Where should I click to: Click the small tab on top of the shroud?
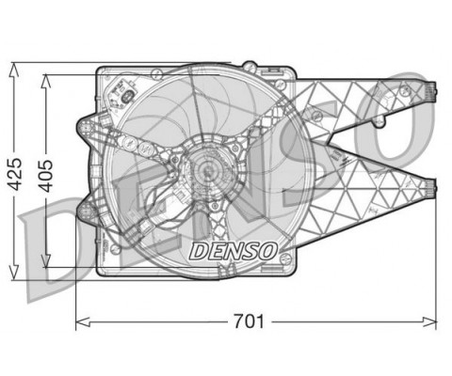click(x=250, y=65)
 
